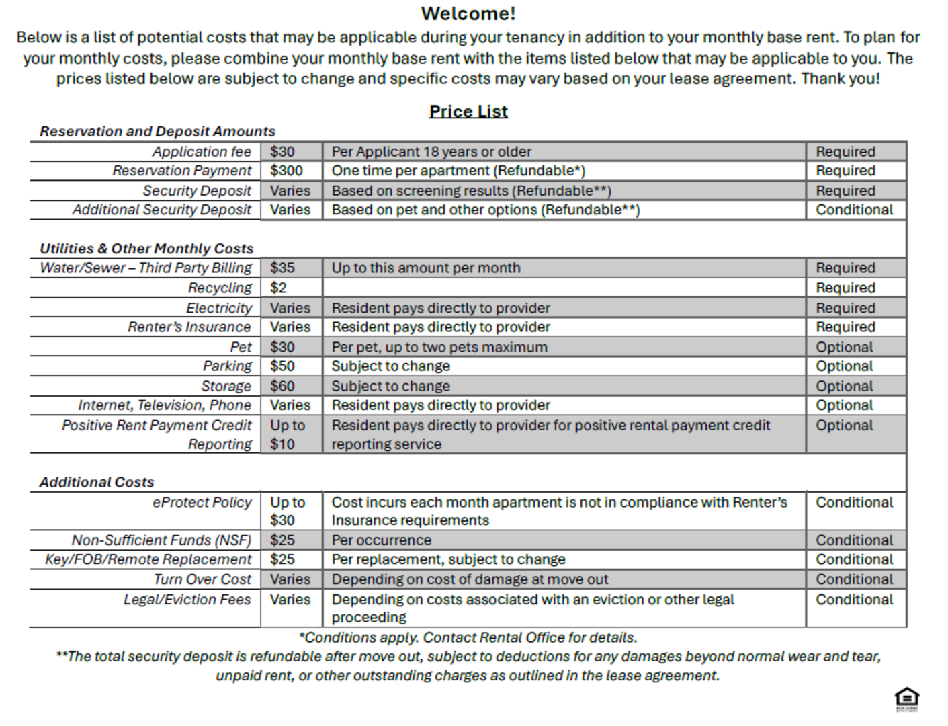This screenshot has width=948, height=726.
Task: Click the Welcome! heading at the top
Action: pos(468,13)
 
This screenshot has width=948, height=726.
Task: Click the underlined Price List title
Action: pos(468,112)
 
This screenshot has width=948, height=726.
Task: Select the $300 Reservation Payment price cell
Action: pos(287,171)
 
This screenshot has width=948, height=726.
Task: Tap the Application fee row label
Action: pos(202,151)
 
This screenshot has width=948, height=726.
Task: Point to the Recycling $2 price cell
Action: pos(279,288)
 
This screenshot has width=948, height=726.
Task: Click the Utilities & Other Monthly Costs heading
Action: pos(146,249)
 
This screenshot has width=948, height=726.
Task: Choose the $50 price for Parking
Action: pos(283,366)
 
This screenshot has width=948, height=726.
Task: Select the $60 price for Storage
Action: pos(283,386)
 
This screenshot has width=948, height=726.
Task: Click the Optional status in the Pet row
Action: pos(845,347)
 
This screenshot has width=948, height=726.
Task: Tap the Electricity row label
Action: pos(219,308)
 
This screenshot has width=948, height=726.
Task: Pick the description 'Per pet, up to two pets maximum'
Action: pos(439,347)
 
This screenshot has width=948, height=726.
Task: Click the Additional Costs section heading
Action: pos(97,482)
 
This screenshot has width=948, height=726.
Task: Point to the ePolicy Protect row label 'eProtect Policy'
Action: pos(202,502)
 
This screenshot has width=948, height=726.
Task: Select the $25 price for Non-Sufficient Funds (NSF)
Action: pos(283,540)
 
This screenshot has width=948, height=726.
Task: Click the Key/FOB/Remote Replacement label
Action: pos(148,559)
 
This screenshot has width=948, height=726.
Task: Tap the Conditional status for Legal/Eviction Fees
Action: pos(855,600)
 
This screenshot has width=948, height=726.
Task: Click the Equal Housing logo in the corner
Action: pos(907,698)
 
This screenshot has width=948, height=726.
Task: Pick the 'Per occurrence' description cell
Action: pos(382,540)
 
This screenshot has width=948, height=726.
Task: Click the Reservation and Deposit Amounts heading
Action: pos(158,132)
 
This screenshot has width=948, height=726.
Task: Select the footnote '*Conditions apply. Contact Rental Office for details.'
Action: pos(468,637)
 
